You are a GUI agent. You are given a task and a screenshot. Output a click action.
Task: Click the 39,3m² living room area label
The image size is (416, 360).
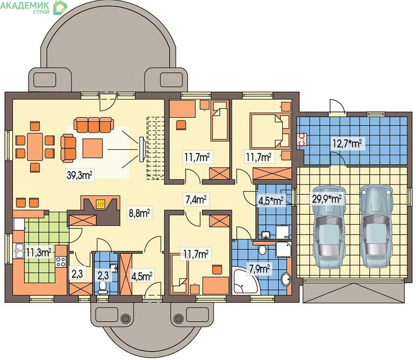(79, 175)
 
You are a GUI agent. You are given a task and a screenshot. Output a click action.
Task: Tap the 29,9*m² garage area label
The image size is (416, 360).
(326, 199)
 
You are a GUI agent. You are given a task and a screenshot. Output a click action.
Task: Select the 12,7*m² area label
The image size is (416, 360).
(347, 144)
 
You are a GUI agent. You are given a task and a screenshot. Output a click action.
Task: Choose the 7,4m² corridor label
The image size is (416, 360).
(196, 199)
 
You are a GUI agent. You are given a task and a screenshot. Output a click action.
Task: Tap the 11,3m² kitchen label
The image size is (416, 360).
(39, 252)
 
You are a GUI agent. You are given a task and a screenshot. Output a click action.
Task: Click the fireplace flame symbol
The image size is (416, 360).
(101, 204)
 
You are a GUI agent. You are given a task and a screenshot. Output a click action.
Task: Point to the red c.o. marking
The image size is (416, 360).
(303, 139)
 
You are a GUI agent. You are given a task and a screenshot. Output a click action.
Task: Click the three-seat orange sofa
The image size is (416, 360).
(94, 125)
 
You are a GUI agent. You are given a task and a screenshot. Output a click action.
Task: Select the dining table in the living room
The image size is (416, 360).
(35, 146)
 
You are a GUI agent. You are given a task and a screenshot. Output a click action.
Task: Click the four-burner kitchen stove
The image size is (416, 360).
(60, 262)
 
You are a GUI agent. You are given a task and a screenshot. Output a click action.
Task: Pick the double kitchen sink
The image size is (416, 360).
(19, 251)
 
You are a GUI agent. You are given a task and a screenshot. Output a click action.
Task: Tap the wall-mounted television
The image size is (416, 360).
(141, 150)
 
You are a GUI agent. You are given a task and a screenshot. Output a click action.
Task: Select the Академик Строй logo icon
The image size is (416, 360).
(60, 7)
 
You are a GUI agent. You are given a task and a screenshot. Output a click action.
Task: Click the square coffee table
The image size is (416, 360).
(93, 148)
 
